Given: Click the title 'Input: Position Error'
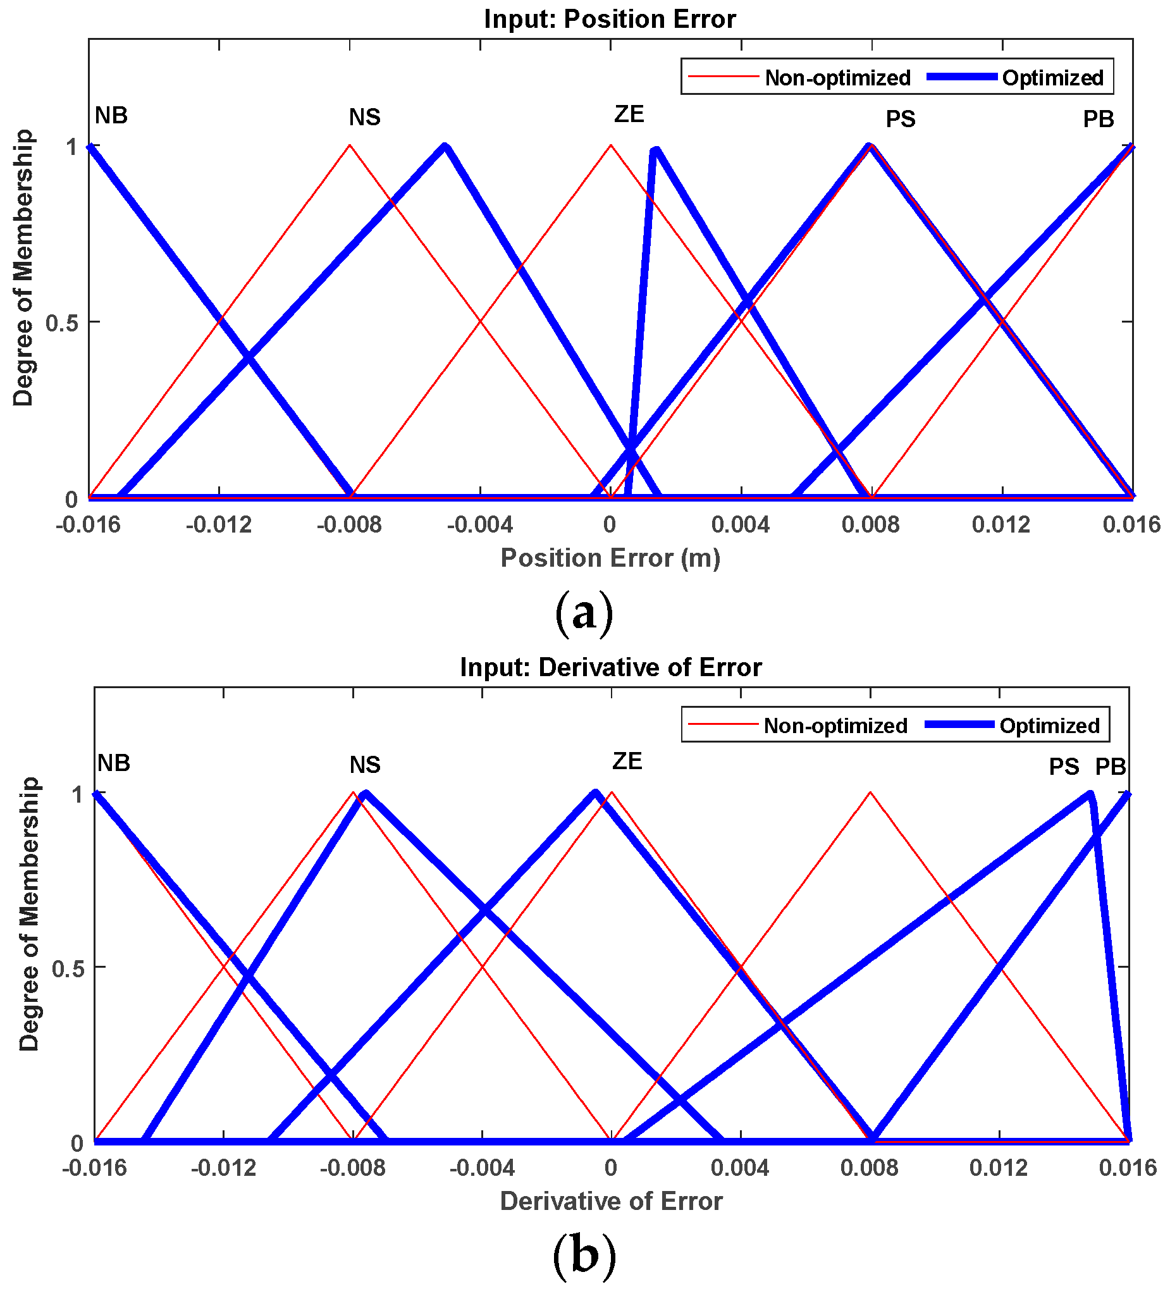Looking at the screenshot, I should pos(610,19).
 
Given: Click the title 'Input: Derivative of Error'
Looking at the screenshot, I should pos(611,667).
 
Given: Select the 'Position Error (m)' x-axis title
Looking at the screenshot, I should pos(610,558).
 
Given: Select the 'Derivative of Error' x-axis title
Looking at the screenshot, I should pos(612,1202).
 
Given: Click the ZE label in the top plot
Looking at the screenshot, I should pos(629,114).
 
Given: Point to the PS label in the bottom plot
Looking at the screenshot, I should pos(1064,767).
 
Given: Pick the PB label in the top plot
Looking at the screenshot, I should pos(1098,120).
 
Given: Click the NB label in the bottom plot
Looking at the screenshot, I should pos(114,763).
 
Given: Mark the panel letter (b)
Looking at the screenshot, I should pos(584,1257).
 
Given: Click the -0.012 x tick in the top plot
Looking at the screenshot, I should pos(219,525).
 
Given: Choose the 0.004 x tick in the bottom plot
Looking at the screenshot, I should pos(741,1168).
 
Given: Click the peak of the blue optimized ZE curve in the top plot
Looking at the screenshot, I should pos(655,151).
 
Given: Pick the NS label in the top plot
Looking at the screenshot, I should pos(364,117).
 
